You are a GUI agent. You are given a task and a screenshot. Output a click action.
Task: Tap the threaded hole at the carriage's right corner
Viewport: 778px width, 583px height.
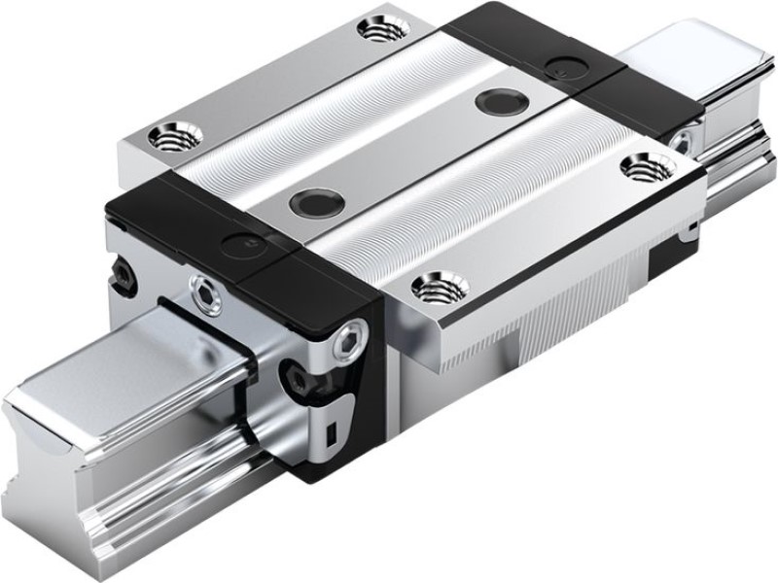click(x=642, y=166)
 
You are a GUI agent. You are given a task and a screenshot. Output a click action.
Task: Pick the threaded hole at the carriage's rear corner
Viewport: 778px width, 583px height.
click(x=383, y=28)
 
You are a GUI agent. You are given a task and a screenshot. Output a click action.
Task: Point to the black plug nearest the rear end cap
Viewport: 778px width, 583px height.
click(x=502, y=100)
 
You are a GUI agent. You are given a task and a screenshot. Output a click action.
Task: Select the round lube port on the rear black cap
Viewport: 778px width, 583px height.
click(x=560, y=66)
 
